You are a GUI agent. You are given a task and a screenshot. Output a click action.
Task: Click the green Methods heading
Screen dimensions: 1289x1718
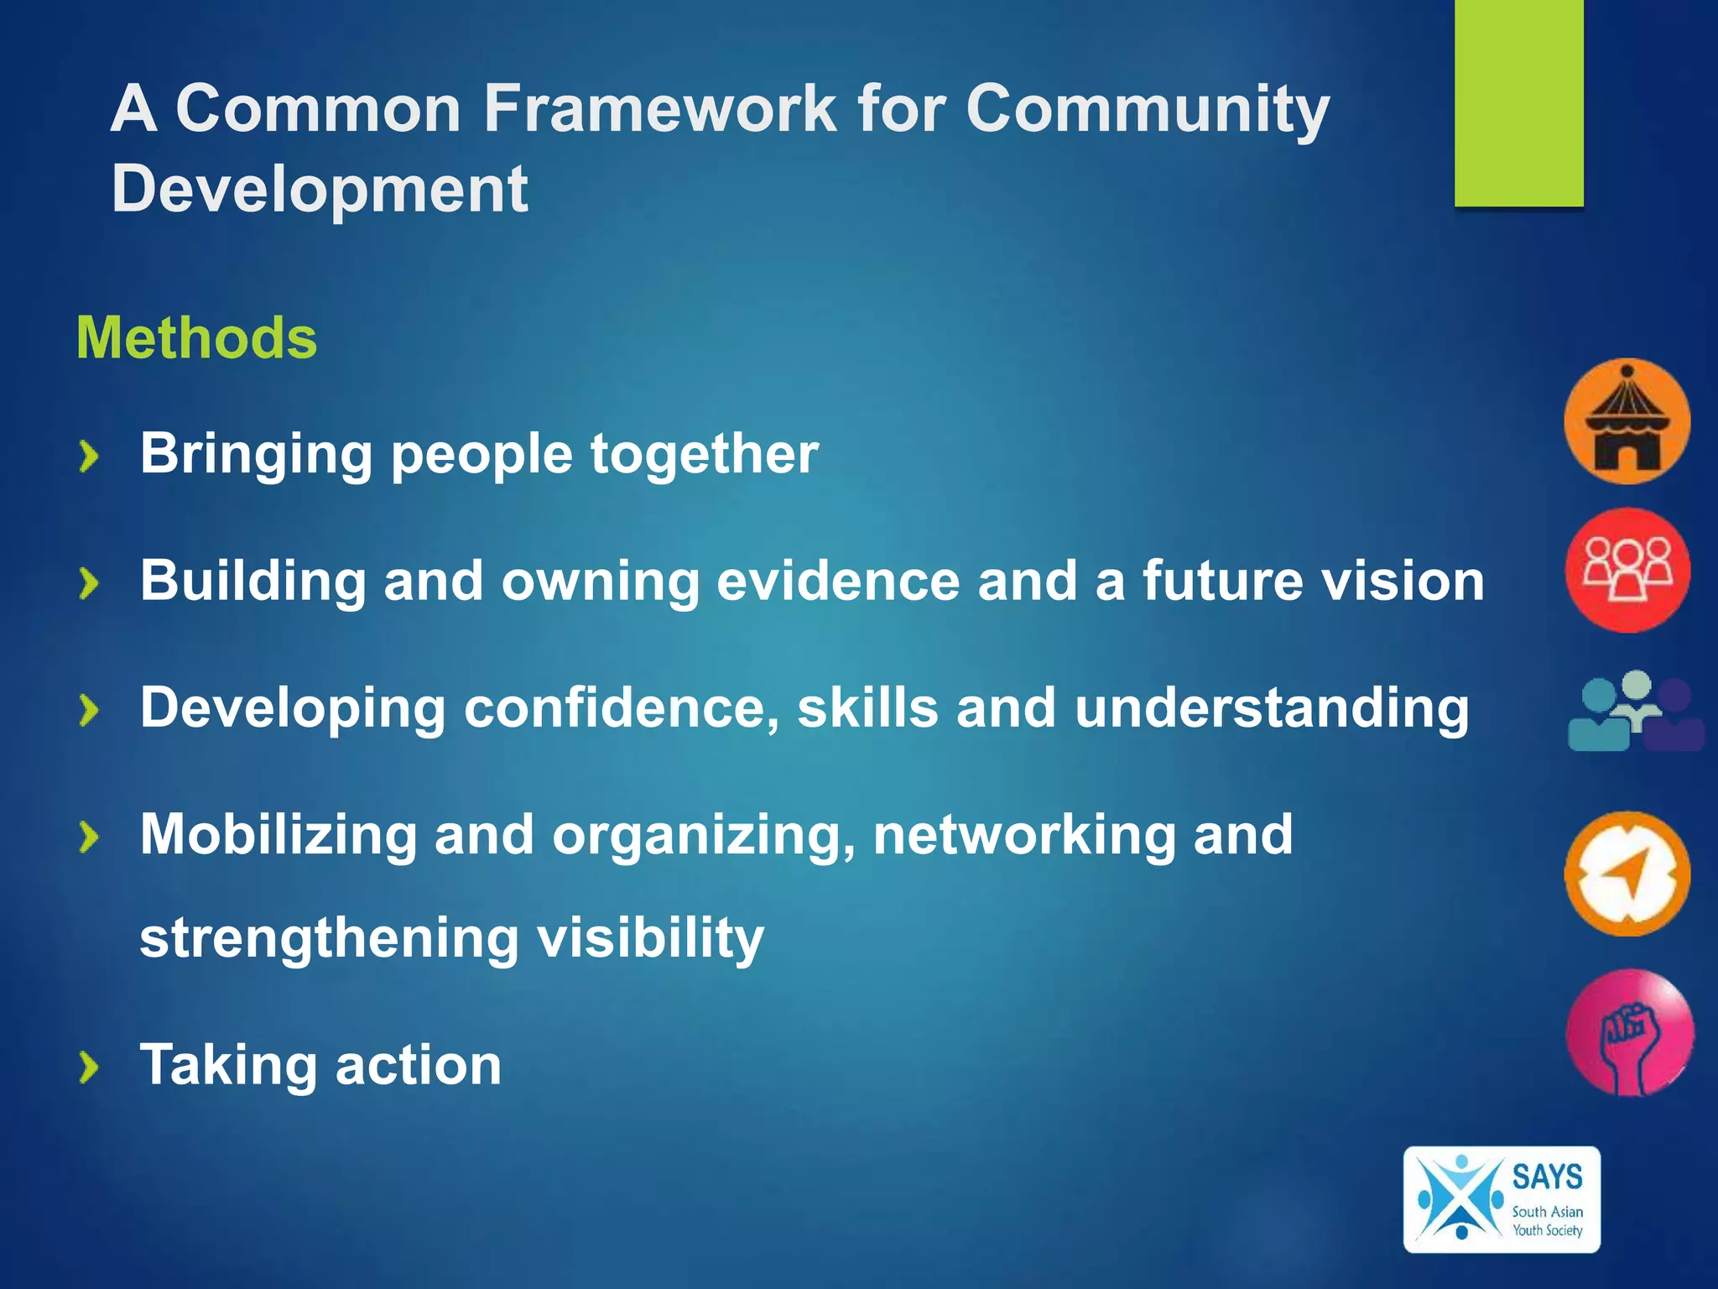click(x=196, y=338)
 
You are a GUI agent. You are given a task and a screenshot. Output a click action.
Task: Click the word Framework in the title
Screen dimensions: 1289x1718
click(x=660, y=109)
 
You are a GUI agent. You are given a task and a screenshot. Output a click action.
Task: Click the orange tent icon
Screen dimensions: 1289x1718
click(x=1627, y=421)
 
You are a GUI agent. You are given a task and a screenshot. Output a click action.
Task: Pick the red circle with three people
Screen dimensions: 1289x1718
click(x=1627, y=571)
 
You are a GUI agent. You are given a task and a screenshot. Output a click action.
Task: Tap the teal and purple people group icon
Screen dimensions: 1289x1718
click(x=1634, y=712)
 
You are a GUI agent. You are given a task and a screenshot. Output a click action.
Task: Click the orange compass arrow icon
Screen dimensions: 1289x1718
click(x=1627, y=874)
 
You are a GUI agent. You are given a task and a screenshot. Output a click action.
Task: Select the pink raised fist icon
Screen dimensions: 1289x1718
click(x=1628, y=1033)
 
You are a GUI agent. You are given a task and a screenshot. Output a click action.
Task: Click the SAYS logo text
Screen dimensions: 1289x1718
click(x=1547, y=1177)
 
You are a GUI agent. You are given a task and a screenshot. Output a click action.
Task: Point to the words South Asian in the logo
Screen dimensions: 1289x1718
click(x=1547, y=1212)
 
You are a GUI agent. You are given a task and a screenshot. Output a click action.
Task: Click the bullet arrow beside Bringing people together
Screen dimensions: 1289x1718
click(x=89, y=457)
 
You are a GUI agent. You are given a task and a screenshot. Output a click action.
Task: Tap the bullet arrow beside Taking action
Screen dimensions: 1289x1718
click(x=89, y=1067)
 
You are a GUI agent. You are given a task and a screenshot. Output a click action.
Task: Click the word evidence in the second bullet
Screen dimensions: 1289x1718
click(x=837, y=582)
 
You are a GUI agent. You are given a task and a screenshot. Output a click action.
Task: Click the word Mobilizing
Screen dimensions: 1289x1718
click(x=278, y=835)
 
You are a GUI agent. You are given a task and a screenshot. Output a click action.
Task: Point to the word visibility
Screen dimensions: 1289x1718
click(x=650, y=938)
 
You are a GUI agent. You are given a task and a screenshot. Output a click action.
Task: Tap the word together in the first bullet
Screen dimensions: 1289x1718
click(x=704, y=455)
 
